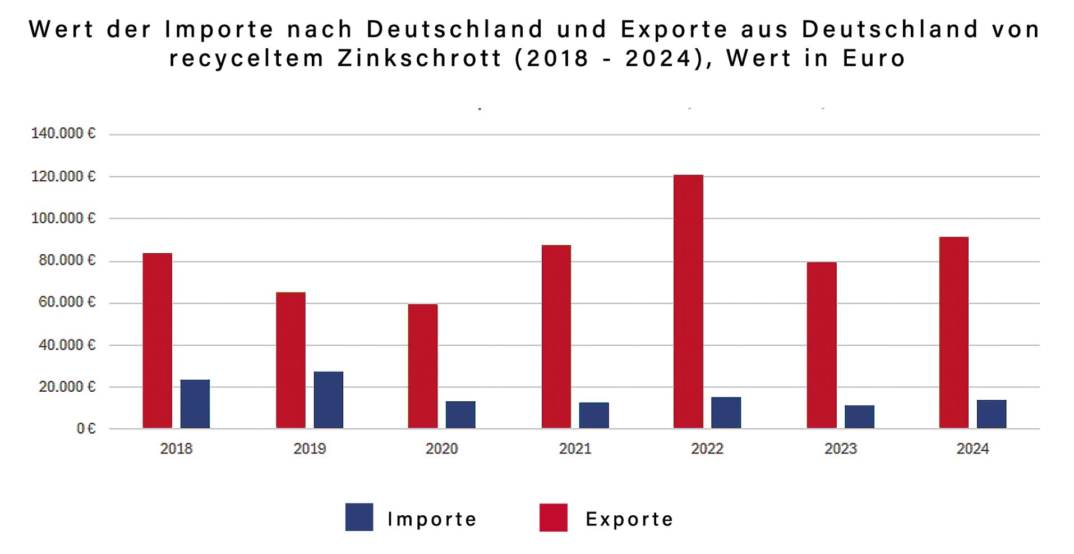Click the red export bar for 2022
(x=688, y=301)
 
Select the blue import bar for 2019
(x=328, y=400)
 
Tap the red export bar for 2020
(x=423, y=366)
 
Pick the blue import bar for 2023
(x=859, y=416)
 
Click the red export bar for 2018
(x=157, y=341)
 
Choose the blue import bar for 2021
(x=594, y=415)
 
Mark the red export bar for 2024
(x=953, y=332)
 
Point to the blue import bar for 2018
(x=195, y=404)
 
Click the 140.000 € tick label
(x=63, y=134)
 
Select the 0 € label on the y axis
(x=86, y=429)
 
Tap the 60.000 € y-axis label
(x=67, y=303)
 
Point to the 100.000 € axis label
(x=63, y=218)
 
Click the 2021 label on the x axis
(x=575, y=449)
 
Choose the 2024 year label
(x=972, y=449)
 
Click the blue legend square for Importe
(x=359, y=517)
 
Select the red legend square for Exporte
(x=553, y=517)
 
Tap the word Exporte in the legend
(x=629, y=519)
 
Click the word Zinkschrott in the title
(x=419, y=58)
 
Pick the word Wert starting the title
(x=61, y=29)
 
